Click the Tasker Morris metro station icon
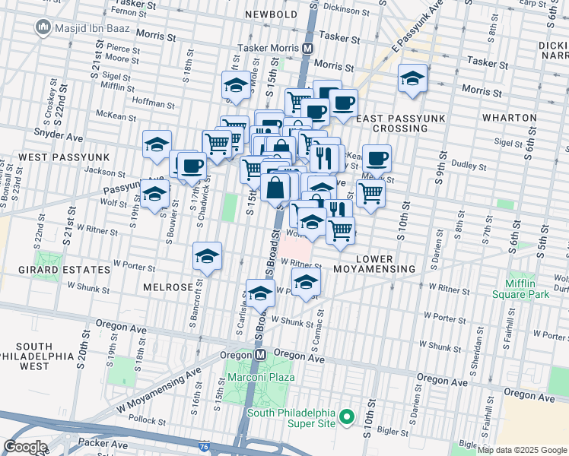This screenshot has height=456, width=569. [308, 48]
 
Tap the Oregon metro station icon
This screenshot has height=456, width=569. [260, 355]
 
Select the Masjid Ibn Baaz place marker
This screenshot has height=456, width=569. [43, 28]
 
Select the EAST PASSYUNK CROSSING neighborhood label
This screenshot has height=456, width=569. [392, 123]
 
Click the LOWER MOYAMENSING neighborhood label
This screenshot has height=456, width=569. [384, 264]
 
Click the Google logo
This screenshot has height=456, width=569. [25, 447]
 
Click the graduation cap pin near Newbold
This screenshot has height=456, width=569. [236, 86]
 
